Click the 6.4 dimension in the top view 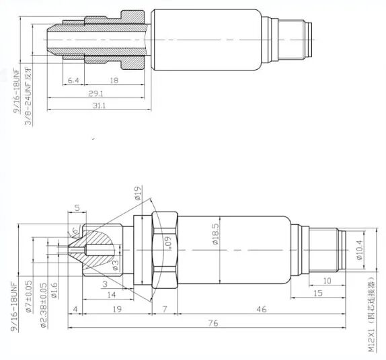click(x=74, y=81)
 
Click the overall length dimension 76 click(x=214, y=324)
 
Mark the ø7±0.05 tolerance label click(x=28, y=296)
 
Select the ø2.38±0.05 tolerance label click(x=42, y=306)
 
